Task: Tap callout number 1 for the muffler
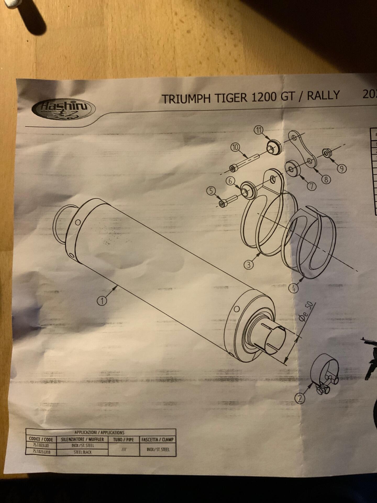click(102, 300)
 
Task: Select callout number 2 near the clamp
click(300, 398)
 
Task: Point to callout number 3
click(248, 264)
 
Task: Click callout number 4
click(293, 288)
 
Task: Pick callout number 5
click(211, 191)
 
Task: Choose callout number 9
click(342, 169)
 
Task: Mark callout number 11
click(259, 130)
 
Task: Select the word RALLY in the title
click(323, 95)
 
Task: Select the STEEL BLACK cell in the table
click(82, 452)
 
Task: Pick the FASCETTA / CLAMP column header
click(158, 439)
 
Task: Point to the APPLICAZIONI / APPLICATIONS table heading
click(99, 433)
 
